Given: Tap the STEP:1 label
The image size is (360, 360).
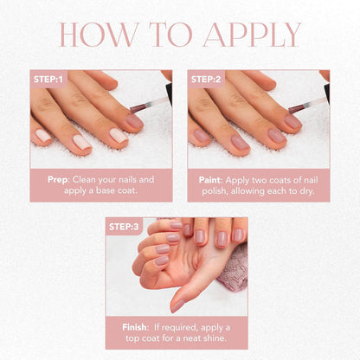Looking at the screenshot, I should pos(48,79).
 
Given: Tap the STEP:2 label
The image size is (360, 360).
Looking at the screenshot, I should pos(206,79).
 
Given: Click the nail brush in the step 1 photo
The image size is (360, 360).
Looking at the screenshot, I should pos(143,112).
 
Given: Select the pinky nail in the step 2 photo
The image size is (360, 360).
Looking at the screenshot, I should pos(293,122).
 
